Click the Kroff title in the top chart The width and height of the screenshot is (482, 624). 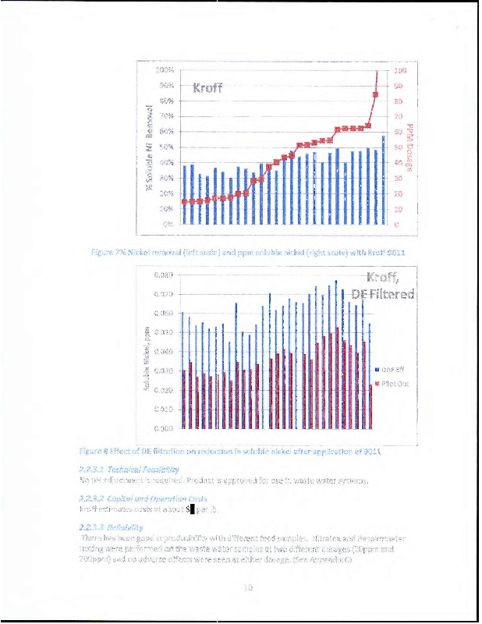pos(207,87)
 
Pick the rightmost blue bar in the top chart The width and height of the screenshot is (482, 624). pos(384,180)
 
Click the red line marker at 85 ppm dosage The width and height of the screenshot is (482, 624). pos(376,94)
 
